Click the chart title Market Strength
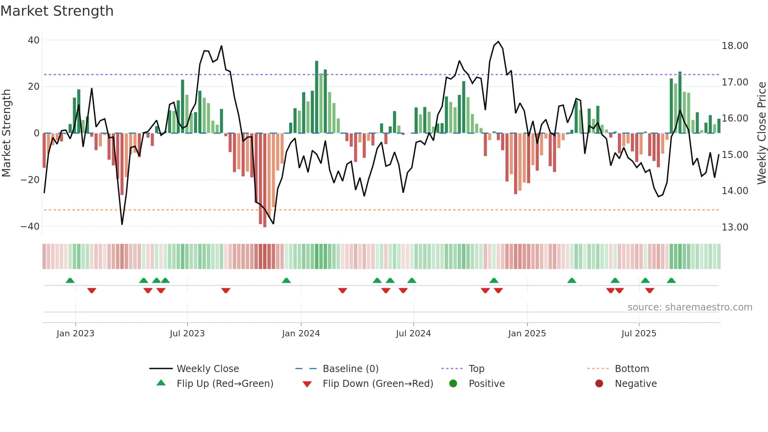click(57, 11)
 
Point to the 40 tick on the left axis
click(34, 40)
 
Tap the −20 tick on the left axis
click(30, 180)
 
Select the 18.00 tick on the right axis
click(735, 46)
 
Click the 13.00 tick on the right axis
click(735, 227)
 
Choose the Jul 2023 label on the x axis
click(187, 334)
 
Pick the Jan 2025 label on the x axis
click(527, 334)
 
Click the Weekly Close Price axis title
click(761, 133)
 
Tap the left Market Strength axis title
click(7, 133)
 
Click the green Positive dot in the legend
click(453, 384)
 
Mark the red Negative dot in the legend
click(599, 384)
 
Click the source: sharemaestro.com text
click(690, 307)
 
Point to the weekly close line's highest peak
click(498, 42)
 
